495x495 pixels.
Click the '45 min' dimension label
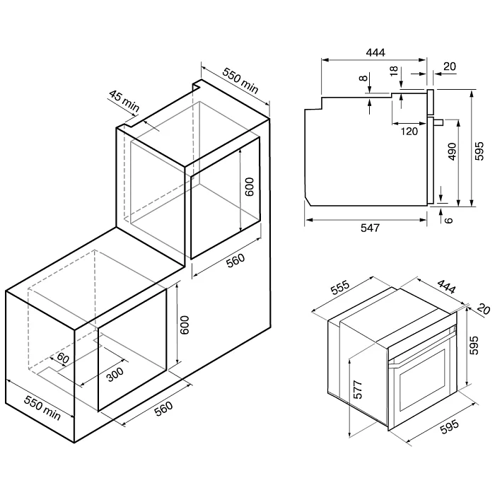tap(124, 100)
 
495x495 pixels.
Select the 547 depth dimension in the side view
tap(370, 228)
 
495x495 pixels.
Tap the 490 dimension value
tap(452, 151)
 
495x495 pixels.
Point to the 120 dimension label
tap(409, 132)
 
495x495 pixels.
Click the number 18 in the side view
tap(394, 71)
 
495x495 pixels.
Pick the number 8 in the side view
tap(363, 78)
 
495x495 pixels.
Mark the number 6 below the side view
tap(448, 220)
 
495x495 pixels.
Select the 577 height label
tap(359, 390)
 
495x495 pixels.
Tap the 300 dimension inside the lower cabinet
tap(115, 374)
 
